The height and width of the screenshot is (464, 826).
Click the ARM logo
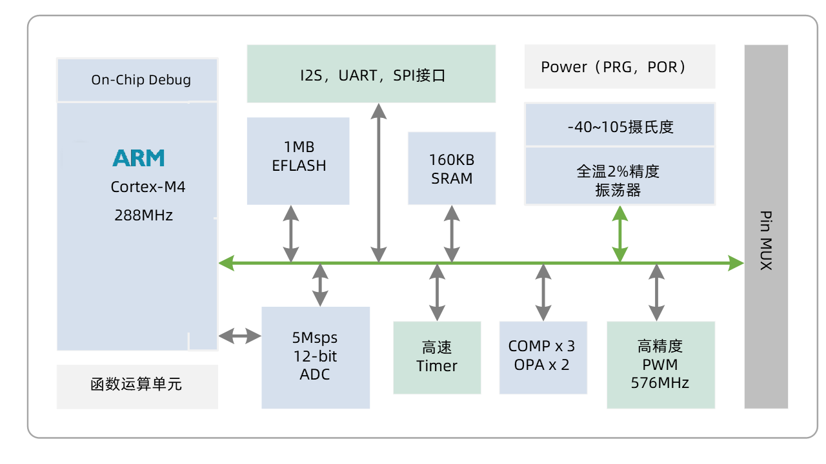pos(139,158)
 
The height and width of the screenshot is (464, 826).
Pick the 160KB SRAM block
pos(452,168)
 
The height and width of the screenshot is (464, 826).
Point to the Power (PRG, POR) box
pos(619,66)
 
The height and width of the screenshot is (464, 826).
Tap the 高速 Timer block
pos(437,357)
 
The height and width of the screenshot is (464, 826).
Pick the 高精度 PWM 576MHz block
pos(661,365)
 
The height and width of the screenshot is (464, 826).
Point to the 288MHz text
pos(144,215)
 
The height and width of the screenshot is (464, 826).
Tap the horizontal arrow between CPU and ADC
pos(239,336)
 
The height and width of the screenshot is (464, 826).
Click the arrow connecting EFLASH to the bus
pos(292,233)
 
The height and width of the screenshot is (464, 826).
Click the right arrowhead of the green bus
pos(736,262)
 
